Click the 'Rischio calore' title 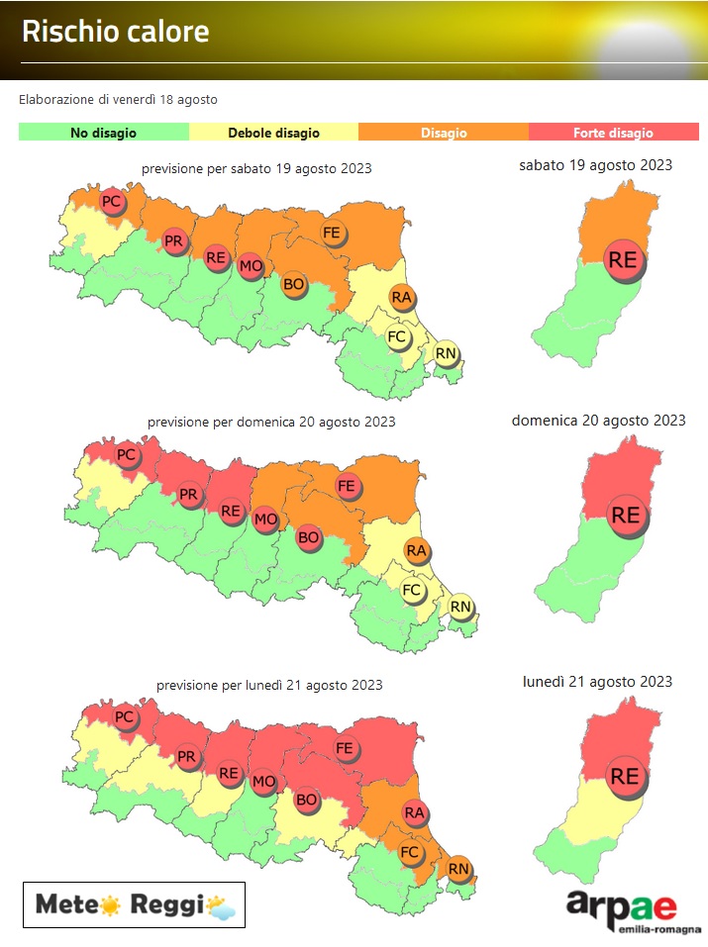(x=116, y=32)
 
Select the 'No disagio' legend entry (x=103, y=133)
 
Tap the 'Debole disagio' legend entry (x=273, y=133)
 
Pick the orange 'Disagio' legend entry (x=444, y=133)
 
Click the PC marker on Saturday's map (x=112, y=202)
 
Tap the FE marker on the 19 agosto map (x=332, y=233)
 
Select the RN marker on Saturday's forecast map (x=446, y=352)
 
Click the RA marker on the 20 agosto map (x=416, y=551)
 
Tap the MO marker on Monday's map (x=263, y=783)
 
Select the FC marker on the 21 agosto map (x=411, y=851)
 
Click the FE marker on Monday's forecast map (x=346, y=749)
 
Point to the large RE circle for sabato (x=623, y=260)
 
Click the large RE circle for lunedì (x=624, y=776)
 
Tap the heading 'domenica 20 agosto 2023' (x=598, y=421)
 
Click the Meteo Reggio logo (x=134, y=903)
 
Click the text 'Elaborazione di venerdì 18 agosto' (x=118, y=100)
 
